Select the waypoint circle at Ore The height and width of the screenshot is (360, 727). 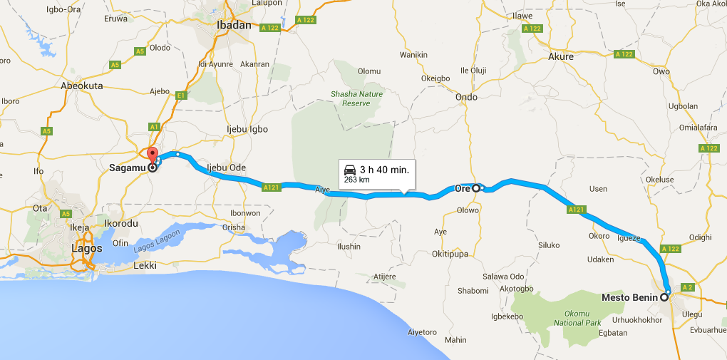(x=476, y=188)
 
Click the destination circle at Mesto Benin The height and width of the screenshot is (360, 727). (x=665, y=297)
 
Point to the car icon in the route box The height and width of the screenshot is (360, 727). (x=350, y=170)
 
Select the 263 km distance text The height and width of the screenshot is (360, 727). (x=356, y=180)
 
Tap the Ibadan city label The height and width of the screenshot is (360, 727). (x=234, y=25)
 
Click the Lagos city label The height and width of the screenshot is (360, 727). (x=86, y=249)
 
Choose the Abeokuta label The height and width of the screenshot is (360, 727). (x=82, y=86)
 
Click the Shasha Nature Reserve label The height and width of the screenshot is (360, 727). (x=356, y=98)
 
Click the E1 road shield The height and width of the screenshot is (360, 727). (x=181, y=95)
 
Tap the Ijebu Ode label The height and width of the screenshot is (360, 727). (x=226, y=168)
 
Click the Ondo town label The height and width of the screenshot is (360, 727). (x=466, y=97)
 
